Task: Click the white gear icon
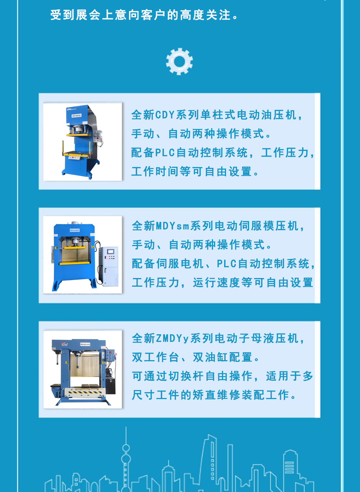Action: point(179,61)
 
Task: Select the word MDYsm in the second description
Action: point(173,226)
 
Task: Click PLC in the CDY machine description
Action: point(165,153)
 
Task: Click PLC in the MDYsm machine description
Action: point(227,264)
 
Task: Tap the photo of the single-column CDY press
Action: point(83,142)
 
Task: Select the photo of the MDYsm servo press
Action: point(83,255)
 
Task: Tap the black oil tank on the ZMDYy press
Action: point(111,386)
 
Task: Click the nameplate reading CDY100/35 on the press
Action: point(76,116)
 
